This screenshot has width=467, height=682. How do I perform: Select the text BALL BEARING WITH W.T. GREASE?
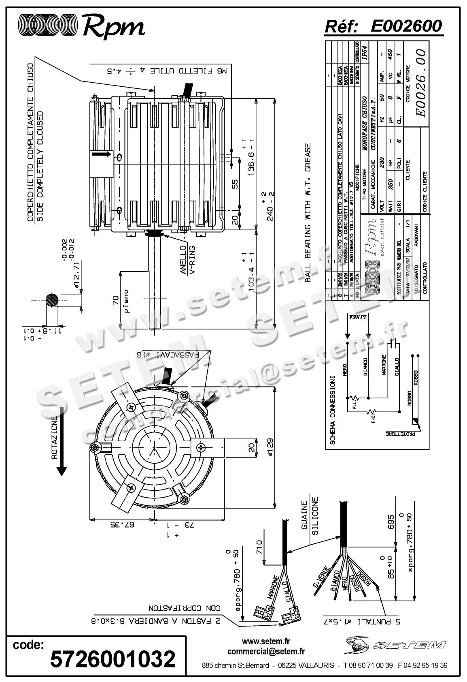[307, 212]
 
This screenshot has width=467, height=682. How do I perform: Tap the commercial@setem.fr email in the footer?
[266, 652]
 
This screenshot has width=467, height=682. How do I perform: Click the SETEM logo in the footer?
[395, 645]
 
